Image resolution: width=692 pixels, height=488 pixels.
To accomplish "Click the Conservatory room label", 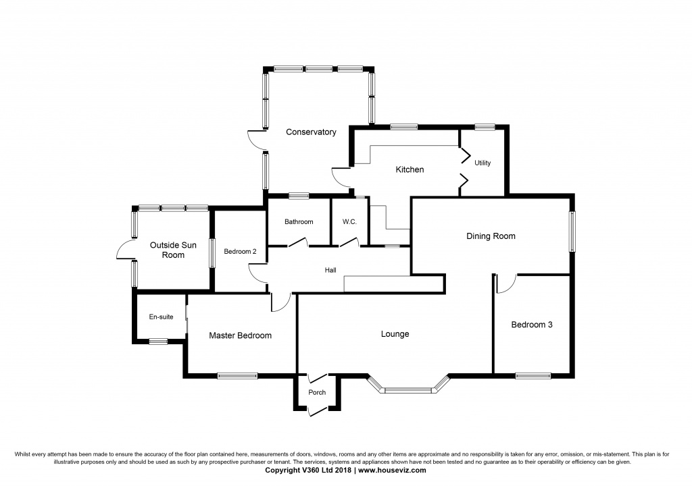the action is [x=310, y=132].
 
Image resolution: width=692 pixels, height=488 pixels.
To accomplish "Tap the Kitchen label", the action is [x=410, y=169].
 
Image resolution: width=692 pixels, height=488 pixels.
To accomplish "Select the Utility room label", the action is [x=482, y=163].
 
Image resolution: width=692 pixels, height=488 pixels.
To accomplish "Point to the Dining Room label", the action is [x=491, y=236].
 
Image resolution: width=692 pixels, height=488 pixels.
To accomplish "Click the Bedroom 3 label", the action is [x=531, y=325].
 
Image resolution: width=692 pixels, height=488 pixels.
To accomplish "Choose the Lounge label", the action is [x=395, y=334].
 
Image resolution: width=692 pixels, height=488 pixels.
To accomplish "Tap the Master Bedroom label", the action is [x=240, y=335].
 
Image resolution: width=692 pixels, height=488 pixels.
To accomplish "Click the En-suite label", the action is [x=160, y=317].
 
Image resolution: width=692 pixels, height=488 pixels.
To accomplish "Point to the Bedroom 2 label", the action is [x=240, y=252].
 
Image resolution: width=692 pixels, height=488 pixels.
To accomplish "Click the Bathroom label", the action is [x=298, y=222].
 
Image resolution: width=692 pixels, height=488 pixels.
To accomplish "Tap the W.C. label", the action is [x=349, y=222].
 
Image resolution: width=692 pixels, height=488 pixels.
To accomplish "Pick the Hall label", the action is [x=330, y=270].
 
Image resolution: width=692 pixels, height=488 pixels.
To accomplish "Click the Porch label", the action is [x=317, y=392].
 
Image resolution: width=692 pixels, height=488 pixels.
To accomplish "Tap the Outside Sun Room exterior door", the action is [x=125, y=250].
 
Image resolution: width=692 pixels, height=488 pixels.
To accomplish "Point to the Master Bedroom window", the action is [x=237, y=376].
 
